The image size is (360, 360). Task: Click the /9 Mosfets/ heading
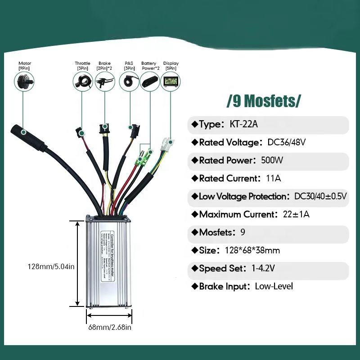pos(264,101)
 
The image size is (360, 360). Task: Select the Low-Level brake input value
pos(274,287)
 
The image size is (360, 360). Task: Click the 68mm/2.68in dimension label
pos(110,327)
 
